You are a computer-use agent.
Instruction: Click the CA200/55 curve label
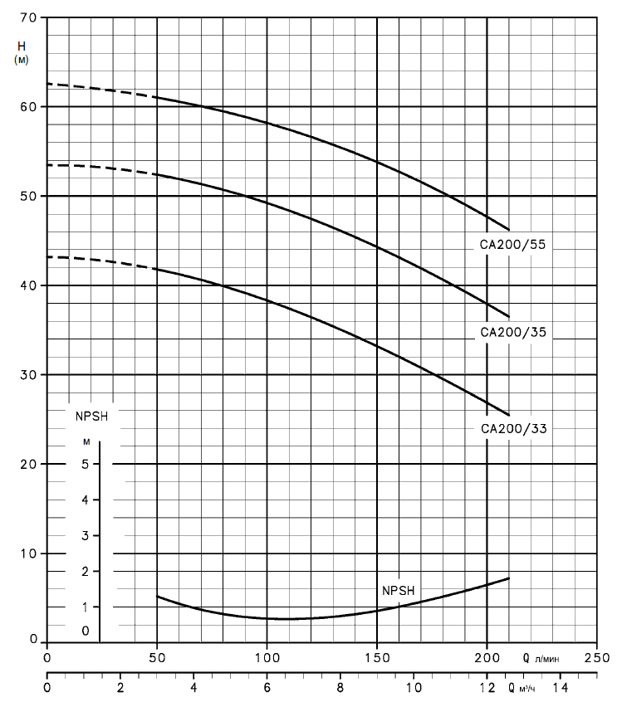coord(516,245)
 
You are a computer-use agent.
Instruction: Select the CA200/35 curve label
coord(516,332)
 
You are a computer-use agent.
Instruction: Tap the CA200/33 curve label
coord(516,429)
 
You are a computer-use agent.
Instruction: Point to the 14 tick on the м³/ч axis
coord(560,689)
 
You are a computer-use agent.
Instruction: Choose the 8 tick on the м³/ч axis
coord(340,689)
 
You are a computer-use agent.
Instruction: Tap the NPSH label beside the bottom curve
coord(398,591)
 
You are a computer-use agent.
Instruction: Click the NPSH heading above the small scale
coord(87,414)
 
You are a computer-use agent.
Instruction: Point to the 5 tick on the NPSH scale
coord(86,465)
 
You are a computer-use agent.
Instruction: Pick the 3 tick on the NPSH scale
coord(86,536)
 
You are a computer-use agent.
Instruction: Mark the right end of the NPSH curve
coord(508,578)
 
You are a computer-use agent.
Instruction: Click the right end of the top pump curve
coord(508,230)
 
